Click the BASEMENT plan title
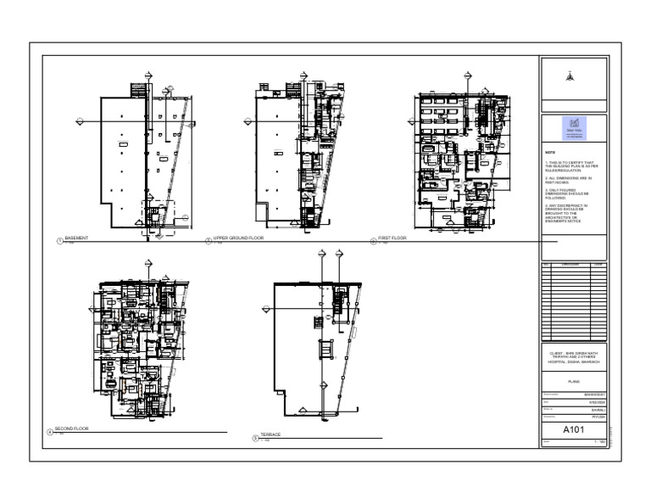pyautogui.click(x=76, y=238)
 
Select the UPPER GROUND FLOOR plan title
pyautogui.click(x=238, y=238)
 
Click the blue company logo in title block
pyautogui.click(x=573, y=126)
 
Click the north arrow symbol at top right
pyautogui.click(x=573, y=75)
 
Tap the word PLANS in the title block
pyautogui.click(x=573, y=384)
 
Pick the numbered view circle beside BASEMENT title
pyautogui.click(x=58, y=241)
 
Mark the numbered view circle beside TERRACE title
pyautogui.click(x=255, y=438)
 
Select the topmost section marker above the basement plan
pyautogui.click(x=149, y=76)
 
